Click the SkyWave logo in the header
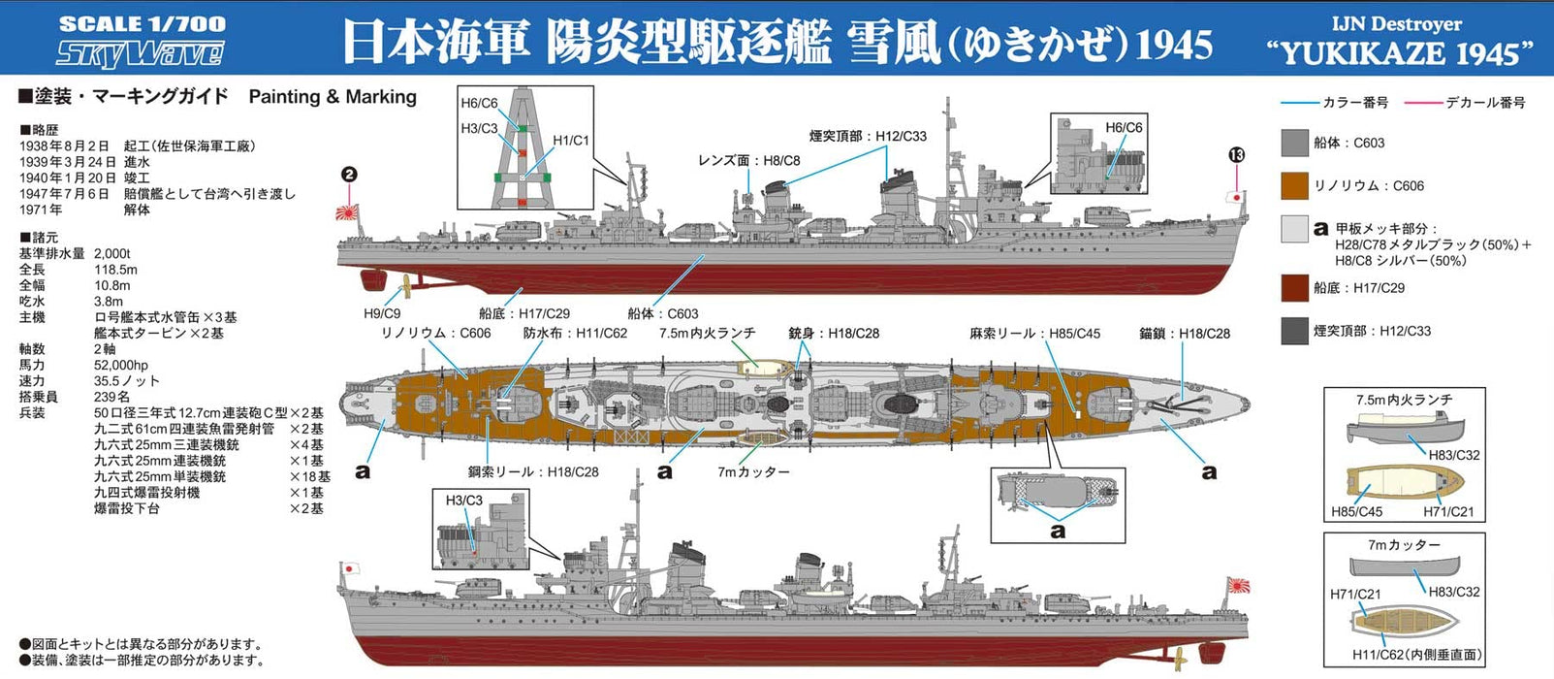point(140,52)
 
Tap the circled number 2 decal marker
point(349,176)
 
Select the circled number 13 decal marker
point(1235,155)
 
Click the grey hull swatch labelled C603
point(1295,143)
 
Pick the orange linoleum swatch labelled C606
point(1295,185)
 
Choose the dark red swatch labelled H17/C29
point(1295,288)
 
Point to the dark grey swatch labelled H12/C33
point(1295,331)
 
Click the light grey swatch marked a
point(1295,229)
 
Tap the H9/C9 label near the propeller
point(382,313)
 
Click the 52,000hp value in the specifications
point(121,365)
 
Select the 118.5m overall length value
point(115,270)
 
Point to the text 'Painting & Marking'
point(333,97)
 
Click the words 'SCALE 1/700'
point(142,23)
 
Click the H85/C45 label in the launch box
point(1356,512)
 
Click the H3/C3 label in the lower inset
point(463,501)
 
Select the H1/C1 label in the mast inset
point(571,141)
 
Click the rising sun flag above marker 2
point(346,211)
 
